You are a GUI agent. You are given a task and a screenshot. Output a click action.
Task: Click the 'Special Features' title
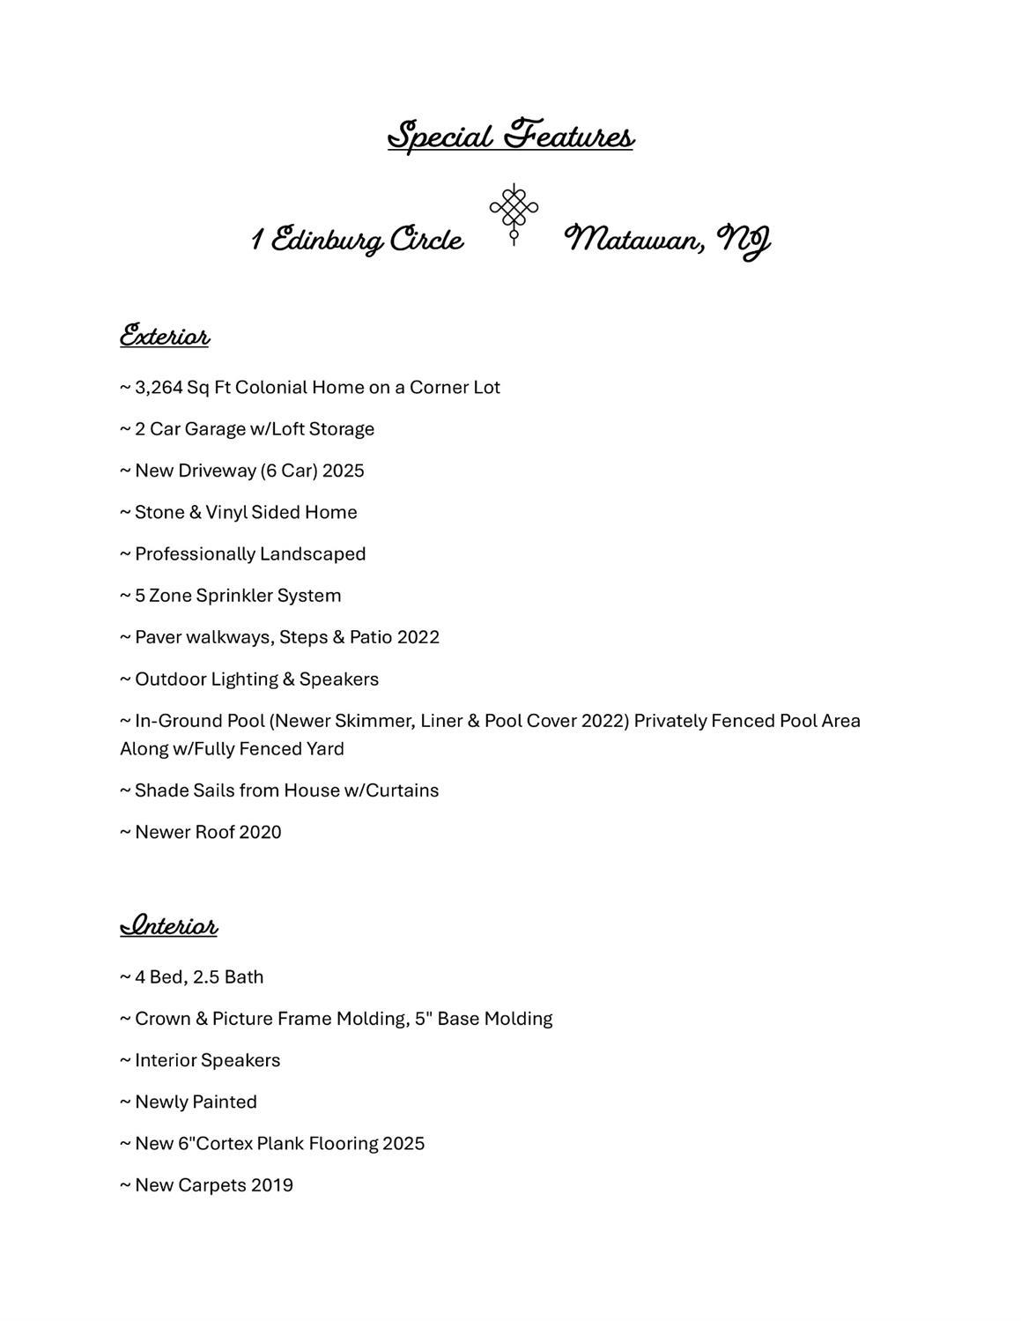tap(510, 137)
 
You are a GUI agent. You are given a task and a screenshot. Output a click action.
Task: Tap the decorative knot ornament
tap(514, 212)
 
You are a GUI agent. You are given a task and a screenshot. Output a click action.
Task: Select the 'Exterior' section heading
tap(165, 336)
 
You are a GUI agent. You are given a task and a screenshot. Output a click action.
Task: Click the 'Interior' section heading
tap(168, 925)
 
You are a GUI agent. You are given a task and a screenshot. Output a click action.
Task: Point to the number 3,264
tap(159, 388)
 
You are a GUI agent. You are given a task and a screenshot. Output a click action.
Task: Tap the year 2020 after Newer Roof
tap(260, 833)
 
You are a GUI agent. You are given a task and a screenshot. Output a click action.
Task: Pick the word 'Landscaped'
tap(313, 554)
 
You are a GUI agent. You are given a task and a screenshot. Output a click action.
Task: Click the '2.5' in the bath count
tap(206, 977)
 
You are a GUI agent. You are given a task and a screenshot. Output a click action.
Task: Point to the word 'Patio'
tap(370, 637)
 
